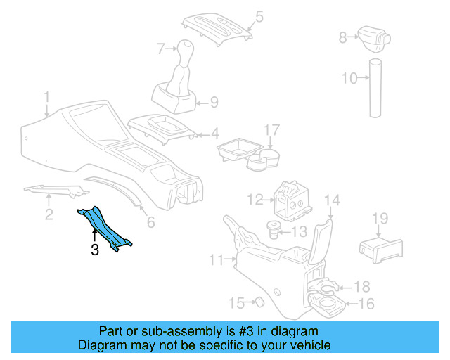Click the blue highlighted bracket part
[x=104, y=226]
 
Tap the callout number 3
[x=94, y=249]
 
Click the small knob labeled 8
[x=370, y=34]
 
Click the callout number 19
[x=380, y=219]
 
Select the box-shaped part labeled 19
[x=380, y=247]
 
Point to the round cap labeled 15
[x=257, y=302]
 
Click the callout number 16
[x=366, y=304]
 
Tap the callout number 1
[x=46, y=96]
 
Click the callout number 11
[x=217, y=261]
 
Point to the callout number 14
[x=332, y=200]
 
